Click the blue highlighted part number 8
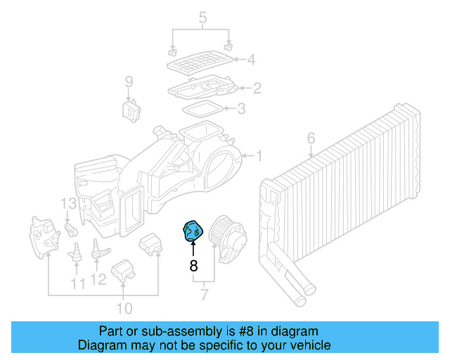point(192,231)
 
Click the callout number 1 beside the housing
point(258,155)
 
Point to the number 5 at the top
point(202,16)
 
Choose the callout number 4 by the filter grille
point(250,60)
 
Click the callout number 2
point(257,88)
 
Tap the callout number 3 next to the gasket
point(241,108)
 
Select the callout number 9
point(129,83)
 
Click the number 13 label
point(67,204)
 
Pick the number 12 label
point(98,280)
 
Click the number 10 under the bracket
point(124,308)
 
